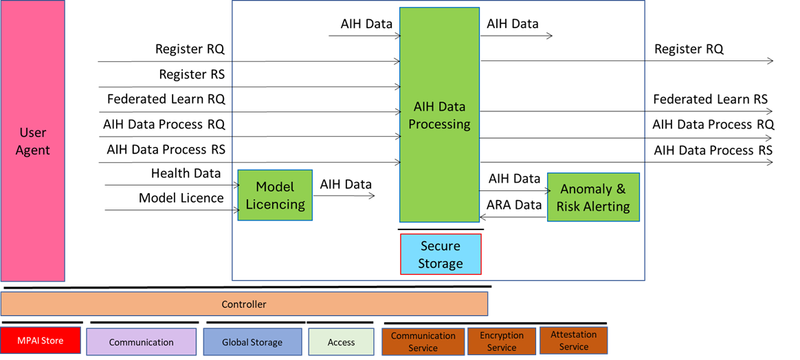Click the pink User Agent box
[33, 141]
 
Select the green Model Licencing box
[275, 195]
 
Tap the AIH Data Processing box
[439, 115]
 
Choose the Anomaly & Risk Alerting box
[593, 197]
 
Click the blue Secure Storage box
[441, 254]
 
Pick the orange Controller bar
[244, 304]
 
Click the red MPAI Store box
[41, 340]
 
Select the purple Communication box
[141, 341]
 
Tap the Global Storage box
[252, 341]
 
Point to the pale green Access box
[341, 341]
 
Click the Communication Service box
[423, 341]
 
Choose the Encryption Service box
[502, 341]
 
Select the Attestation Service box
[573, 341]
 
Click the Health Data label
[186, 174]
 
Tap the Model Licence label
[181, 199]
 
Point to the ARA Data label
[514, 205]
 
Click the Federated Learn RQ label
[166, 100]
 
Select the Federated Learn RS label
[710, 100]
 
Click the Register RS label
[191, 74]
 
